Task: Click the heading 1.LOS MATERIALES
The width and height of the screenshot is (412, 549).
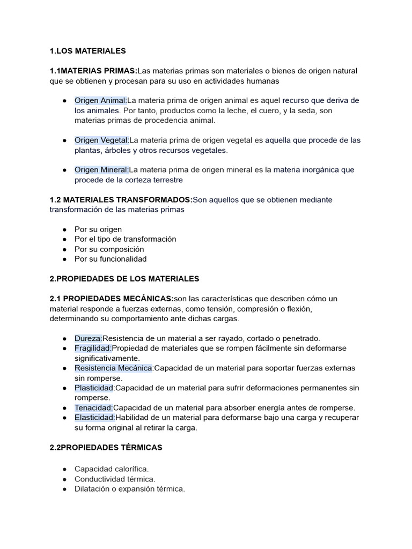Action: (x=87, y=51)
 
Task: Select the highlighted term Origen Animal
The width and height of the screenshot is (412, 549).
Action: (x=100, y=100)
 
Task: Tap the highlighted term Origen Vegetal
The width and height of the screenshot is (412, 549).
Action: (x=101, y=140)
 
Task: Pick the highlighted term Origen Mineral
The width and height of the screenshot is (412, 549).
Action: (x=101, y=170)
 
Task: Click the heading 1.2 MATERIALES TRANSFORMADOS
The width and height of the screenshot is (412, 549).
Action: (x=121, y=200)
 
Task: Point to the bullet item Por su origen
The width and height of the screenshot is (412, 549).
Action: (x=98, y=229)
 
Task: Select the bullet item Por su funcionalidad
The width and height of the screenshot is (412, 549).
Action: (x=111, y=259)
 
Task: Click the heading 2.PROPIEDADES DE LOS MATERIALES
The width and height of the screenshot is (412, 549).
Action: (x=124, y=279)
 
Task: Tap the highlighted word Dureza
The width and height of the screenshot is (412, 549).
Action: (x=88, y=338)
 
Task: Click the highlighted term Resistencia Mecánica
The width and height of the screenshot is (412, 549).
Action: (x=114, y=368)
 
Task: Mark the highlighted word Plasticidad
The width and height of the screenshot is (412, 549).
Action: (x=94, y=388)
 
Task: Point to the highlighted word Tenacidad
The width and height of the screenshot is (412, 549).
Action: (x=94, y=408)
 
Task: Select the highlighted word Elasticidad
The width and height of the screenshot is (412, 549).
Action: (x=95, y=418)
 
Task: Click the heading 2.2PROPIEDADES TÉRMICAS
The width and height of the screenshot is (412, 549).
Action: (x=106, y=447)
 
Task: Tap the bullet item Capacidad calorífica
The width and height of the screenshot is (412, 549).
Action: (x=111, y=469)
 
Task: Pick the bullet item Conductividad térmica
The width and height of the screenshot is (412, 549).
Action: (x=115, y=479)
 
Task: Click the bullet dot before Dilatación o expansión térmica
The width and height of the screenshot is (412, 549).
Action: (x=64, y=489)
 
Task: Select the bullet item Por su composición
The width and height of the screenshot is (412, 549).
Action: (x=109, y=249)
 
